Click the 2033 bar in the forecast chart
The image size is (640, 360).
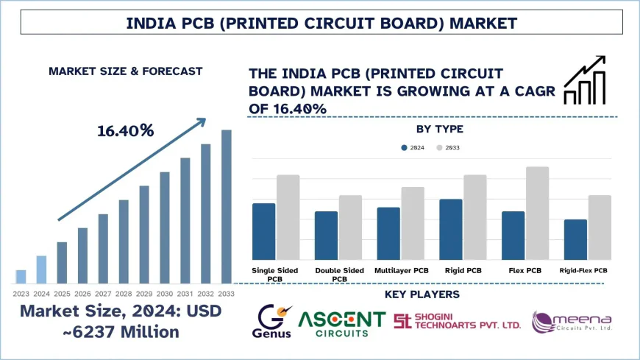tap(227, 207)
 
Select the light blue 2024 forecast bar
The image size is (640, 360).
tap(41, 269)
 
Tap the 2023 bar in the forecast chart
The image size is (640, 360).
tap(21, 277)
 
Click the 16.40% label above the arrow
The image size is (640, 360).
tap(126, 131)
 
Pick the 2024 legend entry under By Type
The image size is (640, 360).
tap(413, 148)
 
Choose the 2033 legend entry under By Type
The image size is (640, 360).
tap(448, 148)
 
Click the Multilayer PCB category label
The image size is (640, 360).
tap(402, 271)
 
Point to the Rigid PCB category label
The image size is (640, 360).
tap(464, 271)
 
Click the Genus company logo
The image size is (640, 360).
tap(274, 321)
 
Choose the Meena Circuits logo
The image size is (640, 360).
tap(572, 322)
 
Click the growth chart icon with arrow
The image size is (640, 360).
tap(586, 80)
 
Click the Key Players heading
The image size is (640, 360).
tap(422, 294)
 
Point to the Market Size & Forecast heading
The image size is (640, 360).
tap(125, 71)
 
